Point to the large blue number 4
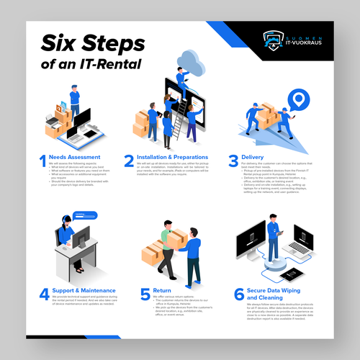[x=43, y=293]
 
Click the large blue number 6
[x=238, y=294]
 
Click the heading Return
[x=162, y=291]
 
